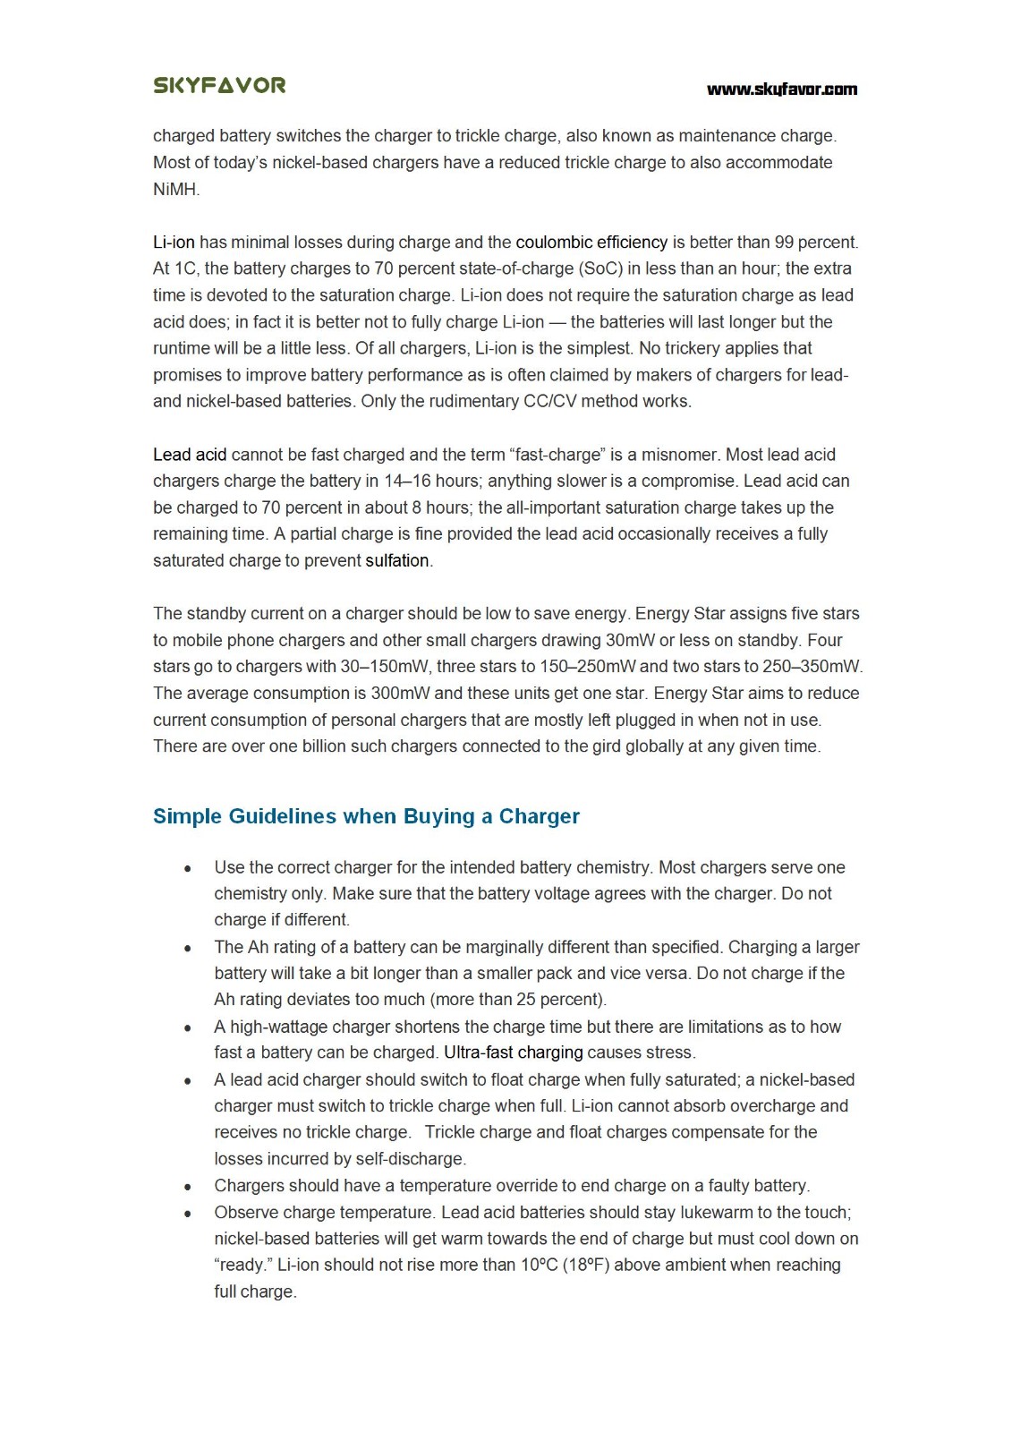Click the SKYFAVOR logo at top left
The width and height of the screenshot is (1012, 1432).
coord(219,85)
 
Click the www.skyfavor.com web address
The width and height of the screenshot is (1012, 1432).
coord(781,89)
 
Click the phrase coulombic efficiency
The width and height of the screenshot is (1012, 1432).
coord(591,242)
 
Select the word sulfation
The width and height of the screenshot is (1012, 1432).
coord(397,560)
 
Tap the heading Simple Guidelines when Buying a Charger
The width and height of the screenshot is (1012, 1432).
coord(366,816)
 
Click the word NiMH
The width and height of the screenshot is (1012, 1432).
coord(175,189)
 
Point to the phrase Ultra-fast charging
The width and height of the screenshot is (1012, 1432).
coord(513,1053)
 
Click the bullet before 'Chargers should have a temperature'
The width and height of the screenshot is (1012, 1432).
coord(187,1187)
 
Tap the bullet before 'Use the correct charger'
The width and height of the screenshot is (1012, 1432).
coord(187,868)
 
